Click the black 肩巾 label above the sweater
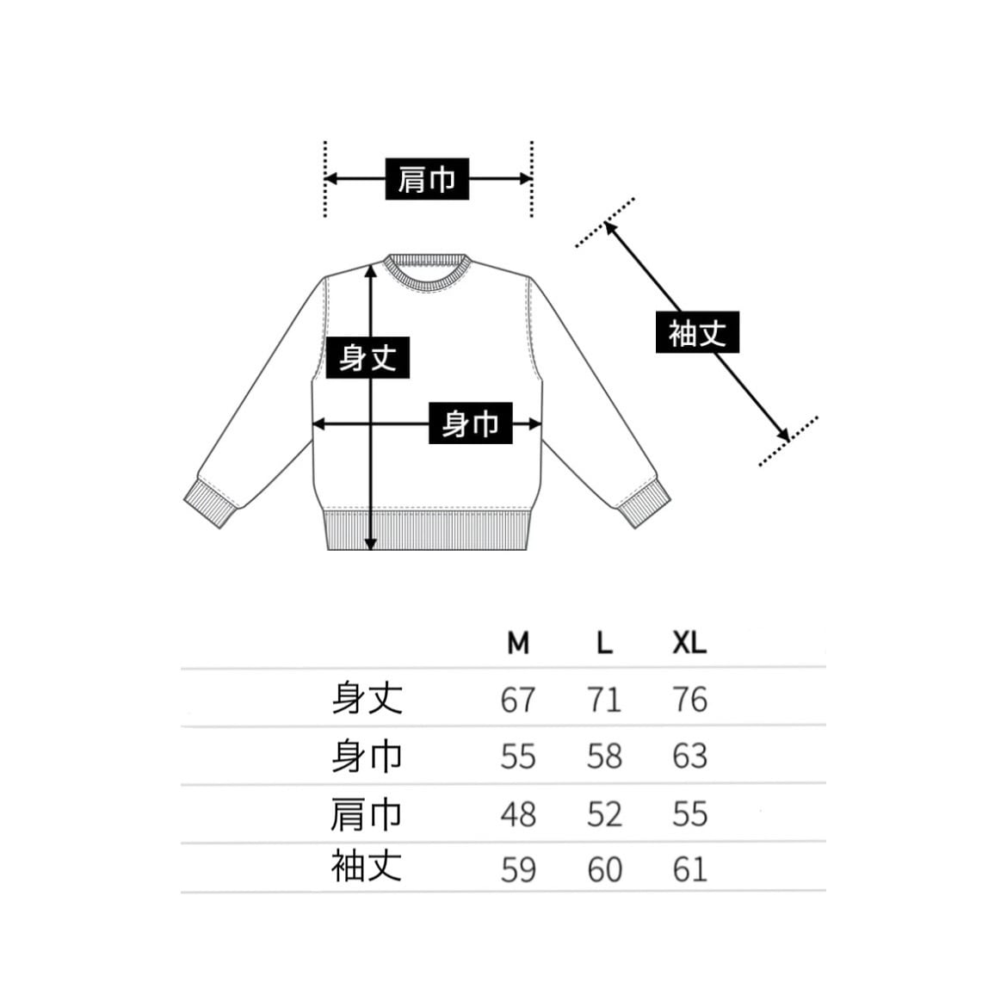tap(427, 179)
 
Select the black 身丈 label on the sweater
tap(368, 356)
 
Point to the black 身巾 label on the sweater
tap(470, 423)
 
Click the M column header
tap(518, 642)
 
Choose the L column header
tap(604, 642)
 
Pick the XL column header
tap(689, 642)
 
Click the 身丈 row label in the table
tap(368, 698)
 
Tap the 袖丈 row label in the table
tap(368, 866)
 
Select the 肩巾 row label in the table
tap(368, 813)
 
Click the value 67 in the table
tap(518, 700)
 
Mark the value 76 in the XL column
tap(689, 700)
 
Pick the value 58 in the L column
tap(604, 757)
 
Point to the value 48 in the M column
tap(518, 814)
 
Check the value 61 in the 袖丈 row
tap(689, 869)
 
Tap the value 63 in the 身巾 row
tap(689, 757)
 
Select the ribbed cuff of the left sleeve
tap(211, 505)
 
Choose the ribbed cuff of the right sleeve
tap(643, 505)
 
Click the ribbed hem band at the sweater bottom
tap(428, 531)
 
